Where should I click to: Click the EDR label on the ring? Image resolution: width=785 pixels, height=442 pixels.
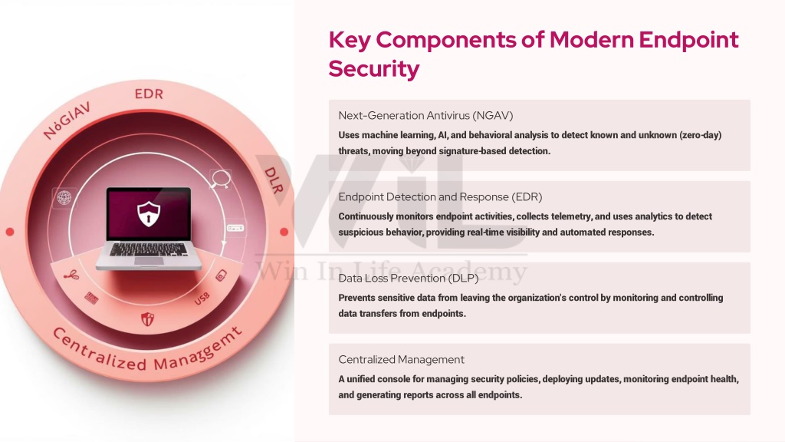(x=149, y=94)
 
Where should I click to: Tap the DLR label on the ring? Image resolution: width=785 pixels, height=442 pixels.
(x=274, y=180)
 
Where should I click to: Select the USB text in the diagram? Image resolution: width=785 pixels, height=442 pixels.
(x=202, y=299)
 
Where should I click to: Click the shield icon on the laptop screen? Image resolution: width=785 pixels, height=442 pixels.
(x=149, y=213)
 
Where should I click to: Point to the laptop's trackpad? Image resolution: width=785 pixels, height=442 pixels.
(x=149, y=261)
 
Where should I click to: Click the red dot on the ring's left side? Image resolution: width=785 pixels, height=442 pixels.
(x=9, y=232)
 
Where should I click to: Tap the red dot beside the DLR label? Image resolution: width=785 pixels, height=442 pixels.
(x=284, y=232)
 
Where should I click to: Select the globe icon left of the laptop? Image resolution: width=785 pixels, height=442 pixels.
(x=64, y=197)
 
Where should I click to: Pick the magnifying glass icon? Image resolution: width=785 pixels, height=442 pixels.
(x=220, y=179)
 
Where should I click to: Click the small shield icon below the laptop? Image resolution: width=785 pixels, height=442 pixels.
(x=147, y=319)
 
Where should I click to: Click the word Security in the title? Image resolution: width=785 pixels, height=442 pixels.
(x=374, y=68)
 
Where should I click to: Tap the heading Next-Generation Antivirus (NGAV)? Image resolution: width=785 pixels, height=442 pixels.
(x=425, y=115)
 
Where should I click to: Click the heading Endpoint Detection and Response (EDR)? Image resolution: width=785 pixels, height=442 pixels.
(x=440, y=196)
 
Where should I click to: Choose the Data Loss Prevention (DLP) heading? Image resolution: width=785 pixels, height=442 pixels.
(x=409, y=278)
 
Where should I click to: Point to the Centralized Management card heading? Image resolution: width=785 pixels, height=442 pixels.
(x=401, y=359)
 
